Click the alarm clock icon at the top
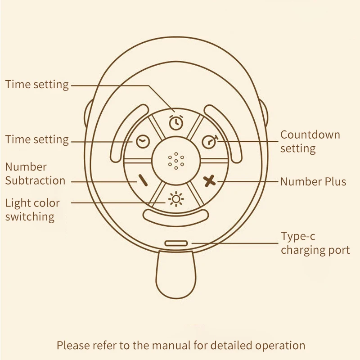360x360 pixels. coord(176,122)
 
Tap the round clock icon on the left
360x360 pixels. coord(143,141)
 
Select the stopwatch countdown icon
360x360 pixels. coord(210,142)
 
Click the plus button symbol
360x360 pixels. coord(210,181)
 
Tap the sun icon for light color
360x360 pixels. coord(176,199)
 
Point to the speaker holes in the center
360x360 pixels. coord(176,161)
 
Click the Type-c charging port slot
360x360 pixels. coord(176,243)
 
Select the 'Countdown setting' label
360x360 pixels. coord(310,141)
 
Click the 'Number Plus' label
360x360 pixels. coord(313,182)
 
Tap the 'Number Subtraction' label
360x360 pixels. coord(35,174)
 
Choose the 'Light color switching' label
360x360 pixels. coord(32,210)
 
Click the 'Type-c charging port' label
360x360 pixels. coord(315,243)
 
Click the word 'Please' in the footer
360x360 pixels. coord(72,345)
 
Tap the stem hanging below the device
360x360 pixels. coord(176,275)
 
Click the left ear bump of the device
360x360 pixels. coord(88,114)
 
